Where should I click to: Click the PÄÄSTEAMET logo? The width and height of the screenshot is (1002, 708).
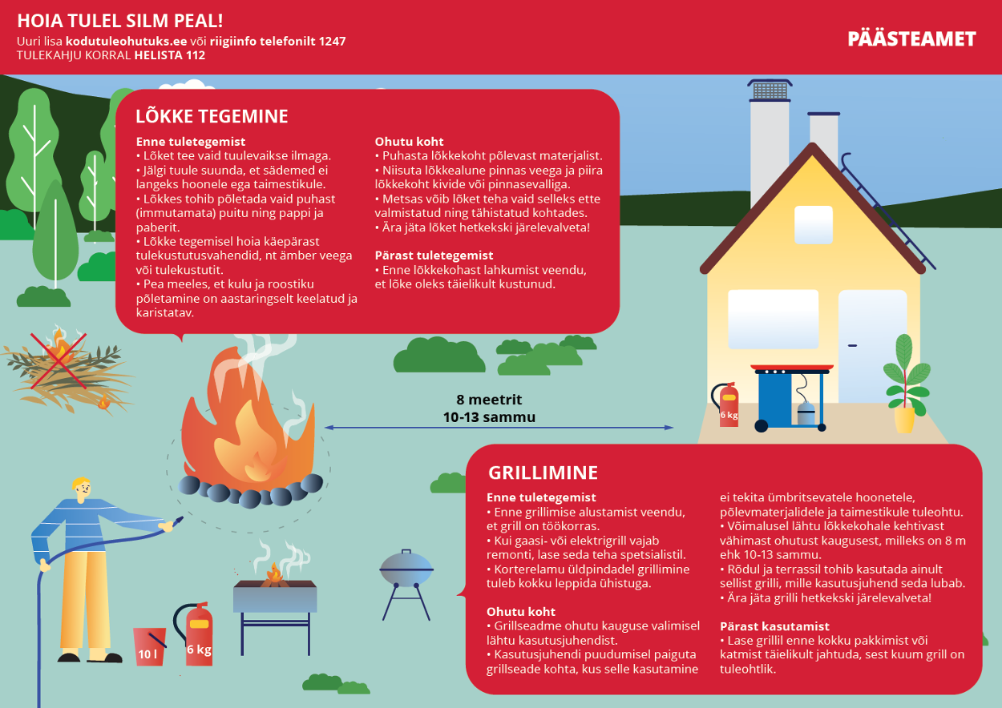pos(911,39)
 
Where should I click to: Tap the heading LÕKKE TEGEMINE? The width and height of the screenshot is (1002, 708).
pos(212,116)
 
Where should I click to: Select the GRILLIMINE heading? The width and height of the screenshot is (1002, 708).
pos(543,473)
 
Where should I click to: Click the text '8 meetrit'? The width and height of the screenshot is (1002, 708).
pos(489,399)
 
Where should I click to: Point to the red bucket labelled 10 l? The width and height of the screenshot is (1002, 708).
pos(149,647)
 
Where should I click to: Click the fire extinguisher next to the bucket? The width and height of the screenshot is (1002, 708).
pos(195,634)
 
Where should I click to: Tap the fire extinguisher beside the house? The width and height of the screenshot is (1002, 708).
pos(726,404)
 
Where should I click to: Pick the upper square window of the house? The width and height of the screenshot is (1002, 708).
pos(814,225)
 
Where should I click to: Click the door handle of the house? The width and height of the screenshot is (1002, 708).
pos(853,345)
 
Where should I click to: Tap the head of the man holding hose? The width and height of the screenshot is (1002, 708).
pos(83,489)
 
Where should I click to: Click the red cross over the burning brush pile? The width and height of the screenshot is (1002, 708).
pos(59,360)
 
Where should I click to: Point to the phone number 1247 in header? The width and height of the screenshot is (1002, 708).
pos(332,42)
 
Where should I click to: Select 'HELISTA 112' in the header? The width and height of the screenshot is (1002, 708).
pos(169,55)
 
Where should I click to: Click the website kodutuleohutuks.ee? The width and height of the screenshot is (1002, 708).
pos(126,42)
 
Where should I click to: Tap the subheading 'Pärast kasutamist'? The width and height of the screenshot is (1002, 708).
pos(774,626)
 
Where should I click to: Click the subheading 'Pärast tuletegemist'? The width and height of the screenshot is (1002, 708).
pos(434,255)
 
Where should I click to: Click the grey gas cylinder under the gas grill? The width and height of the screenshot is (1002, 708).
pos(806,412)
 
